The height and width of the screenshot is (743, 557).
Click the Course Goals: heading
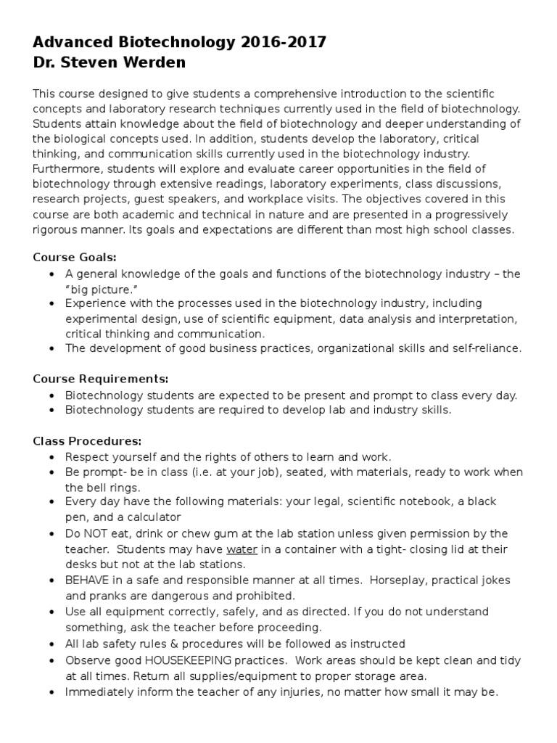75,257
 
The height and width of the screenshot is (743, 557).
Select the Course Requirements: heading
101,379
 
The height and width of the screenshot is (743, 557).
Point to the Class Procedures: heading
88,440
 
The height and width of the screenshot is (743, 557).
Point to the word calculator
149,517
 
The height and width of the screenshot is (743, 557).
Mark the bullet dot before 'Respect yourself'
52,457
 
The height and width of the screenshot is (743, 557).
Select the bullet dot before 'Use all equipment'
52,612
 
